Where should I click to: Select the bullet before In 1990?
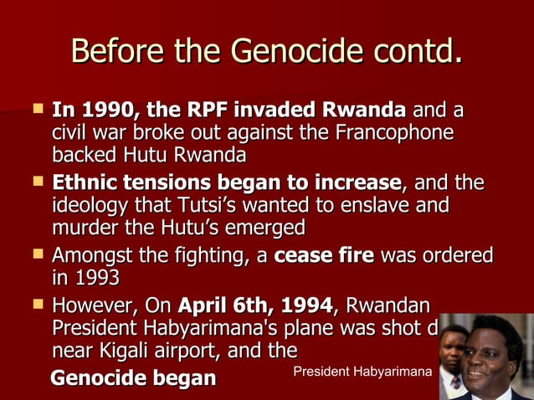click(37, 109)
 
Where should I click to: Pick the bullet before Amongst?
click(37, 254)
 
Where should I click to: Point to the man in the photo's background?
click(452, 351)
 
